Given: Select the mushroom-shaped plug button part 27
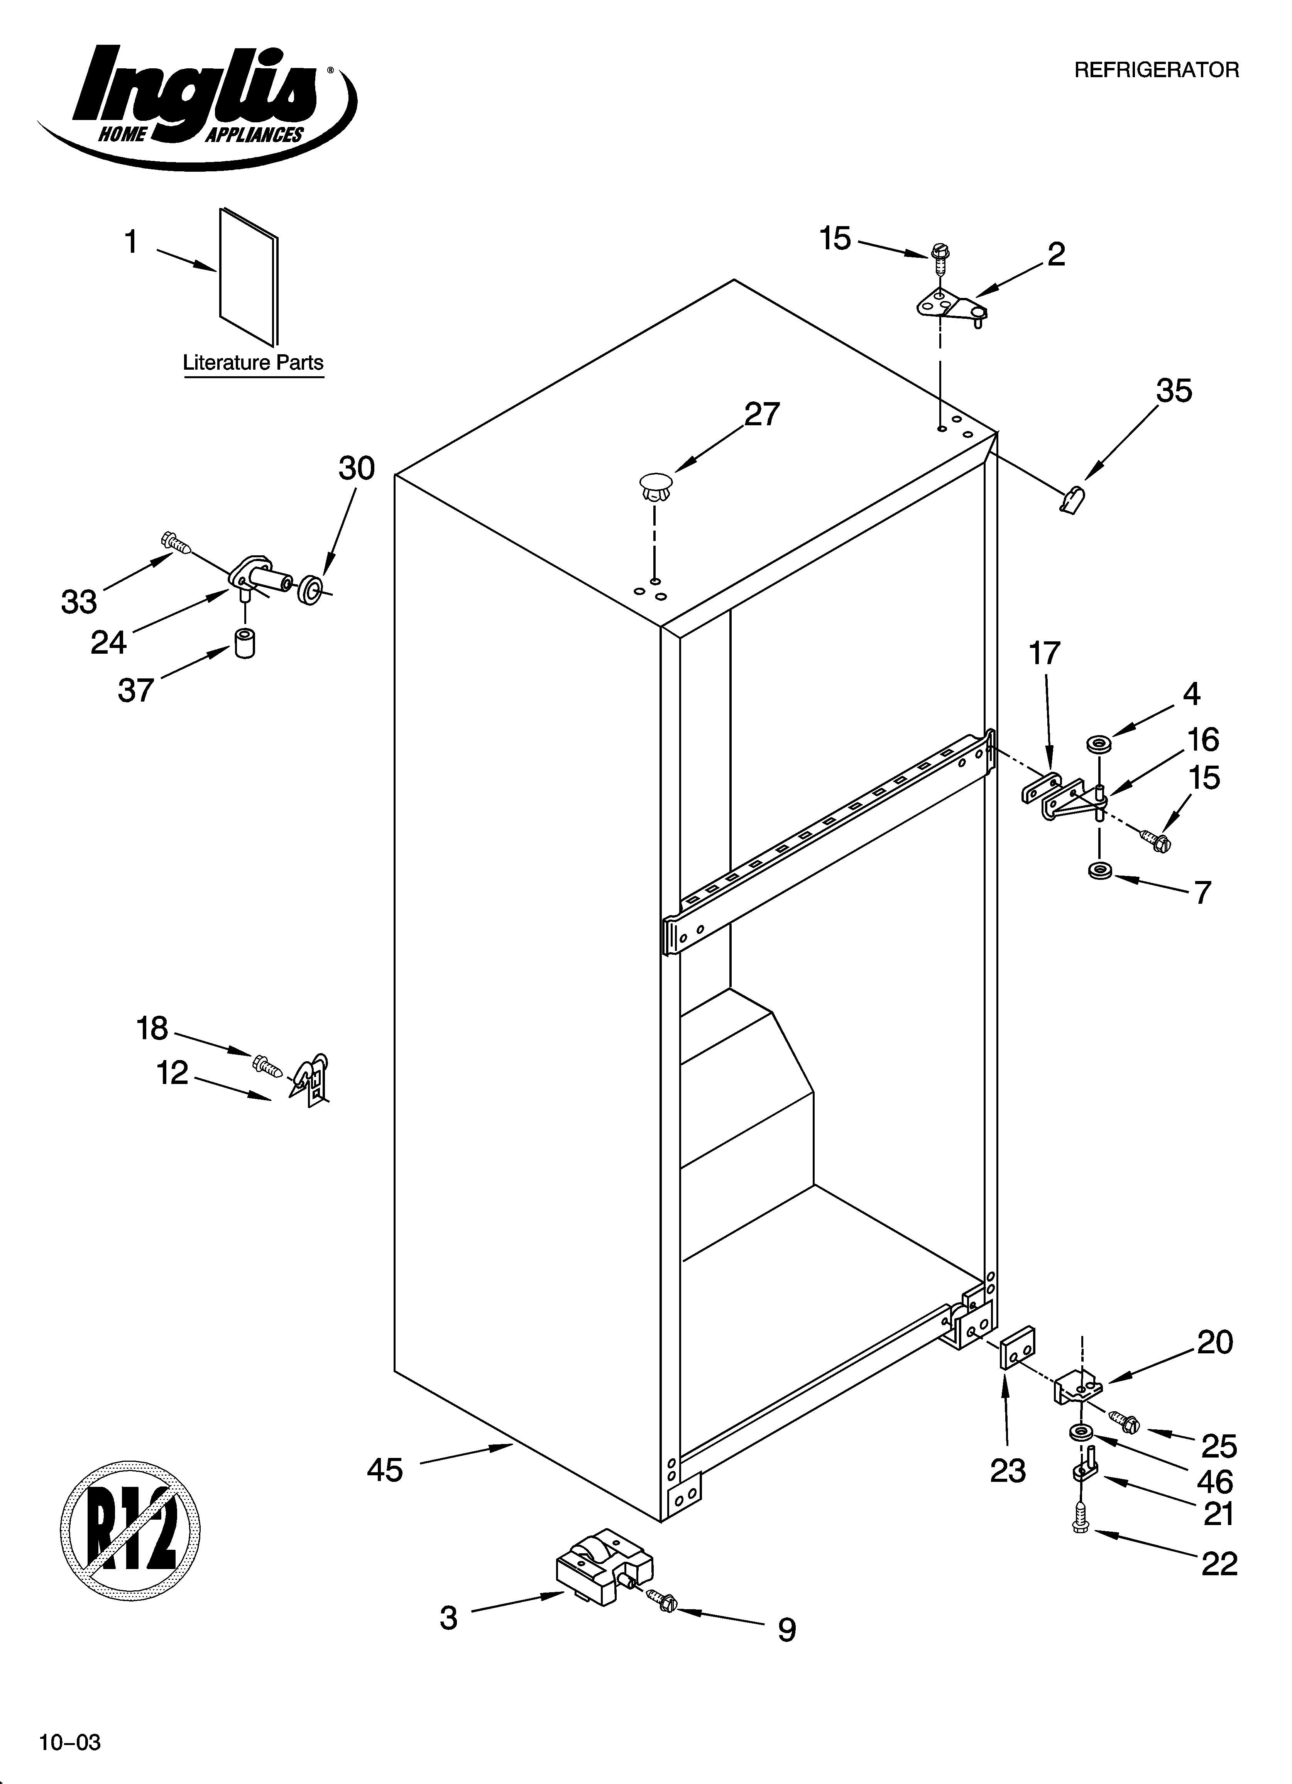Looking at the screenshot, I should click(657, 485).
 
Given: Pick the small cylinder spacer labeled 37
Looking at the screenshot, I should click(245, 643).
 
